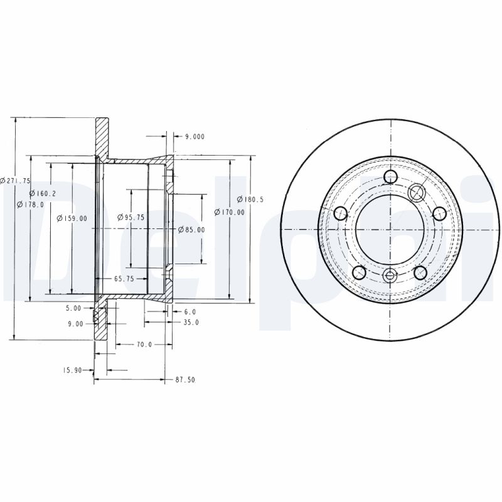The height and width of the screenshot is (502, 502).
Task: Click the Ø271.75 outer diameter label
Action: coord(16,180)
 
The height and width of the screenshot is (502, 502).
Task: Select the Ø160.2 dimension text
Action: coord(43,194)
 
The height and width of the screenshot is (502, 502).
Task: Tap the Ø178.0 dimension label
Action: coord(31,205)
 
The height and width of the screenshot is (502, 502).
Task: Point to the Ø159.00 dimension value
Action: coord(72,218)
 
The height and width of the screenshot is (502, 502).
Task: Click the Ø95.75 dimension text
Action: coord(131,217)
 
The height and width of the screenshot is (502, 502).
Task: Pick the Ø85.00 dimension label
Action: coord(191,230)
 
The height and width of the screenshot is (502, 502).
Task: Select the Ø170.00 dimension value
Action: coord(230,212)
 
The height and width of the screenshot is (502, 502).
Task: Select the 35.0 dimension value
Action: coord(191,323)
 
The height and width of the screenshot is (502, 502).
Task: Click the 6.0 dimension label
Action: coord(190,311)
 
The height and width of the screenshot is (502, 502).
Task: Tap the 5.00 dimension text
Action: coord(73,308)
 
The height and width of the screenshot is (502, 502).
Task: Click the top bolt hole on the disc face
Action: coord(390,177)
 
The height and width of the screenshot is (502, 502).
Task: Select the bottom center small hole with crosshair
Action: coord(390,275)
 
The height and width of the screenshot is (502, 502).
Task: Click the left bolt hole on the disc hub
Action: coord(341,213)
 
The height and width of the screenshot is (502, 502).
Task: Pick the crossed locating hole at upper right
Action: coord(417,191)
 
